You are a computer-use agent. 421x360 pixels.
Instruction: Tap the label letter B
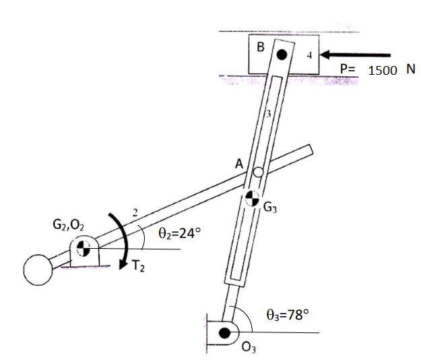[x=261, y=47]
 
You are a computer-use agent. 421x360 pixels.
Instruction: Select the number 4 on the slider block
[x=308, y=57]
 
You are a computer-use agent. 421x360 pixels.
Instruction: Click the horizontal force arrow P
[x=357, y=55]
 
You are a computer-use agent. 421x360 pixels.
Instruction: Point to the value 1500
[x=383, y=71]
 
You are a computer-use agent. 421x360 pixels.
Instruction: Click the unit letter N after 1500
[x=410, y=69]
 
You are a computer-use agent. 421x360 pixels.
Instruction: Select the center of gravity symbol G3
[x=252, y=198]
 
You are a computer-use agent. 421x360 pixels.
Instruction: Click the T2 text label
[x=138, y=266]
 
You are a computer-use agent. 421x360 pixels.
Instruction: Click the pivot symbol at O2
[x=83, y=248]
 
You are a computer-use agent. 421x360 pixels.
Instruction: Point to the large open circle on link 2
[x=38, y=270]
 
